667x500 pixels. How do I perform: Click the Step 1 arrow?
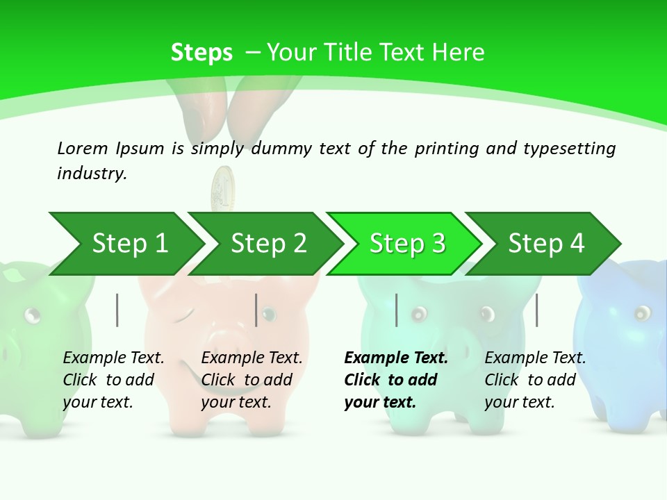pyautogui.click(x=129, y=244)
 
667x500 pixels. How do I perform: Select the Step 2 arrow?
pyautogui.click(x=268, y=244)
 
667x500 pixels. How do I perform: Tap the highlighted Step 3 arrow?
pyautogui.click(x=406, y=244)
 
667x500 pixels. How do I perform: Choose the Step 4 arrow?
pyautogui.click(x=546, y=244)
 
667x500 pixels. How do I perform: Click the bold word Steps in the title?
pyautogui.click(x=201, y=53)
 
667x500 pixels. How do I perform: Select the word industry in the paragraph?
pyautogui.click(x=91, y=174)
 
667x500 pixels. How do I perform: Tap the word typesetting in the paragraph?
pyautogui.click(x=569, y=148)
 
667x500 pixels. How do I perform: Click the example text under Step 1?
pyautogui.click(x=113, y=380)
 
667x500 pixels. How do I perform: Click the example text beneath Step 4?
pyautogui.click(x=535, y=380)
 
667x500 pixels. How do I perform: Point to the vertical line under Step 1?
pyautogui.click(x=117, y=310)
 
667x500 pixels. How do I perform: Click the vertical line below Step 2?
pyautogui.click(x=256, y=310)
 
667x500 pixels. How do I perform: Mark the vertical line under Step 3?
pyautogui.click(x=396, y=310)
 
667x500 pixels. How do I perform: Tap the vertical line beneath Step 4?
pyautogui.click(x=536, y=310)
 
